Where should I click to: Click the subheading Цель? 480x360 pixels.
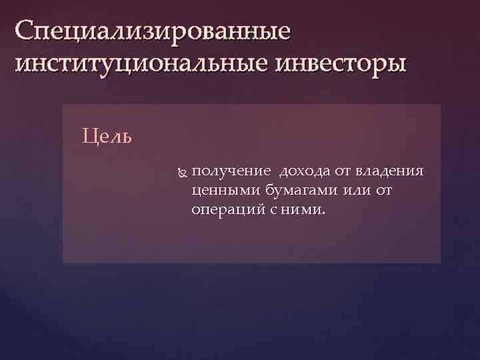[107, 137]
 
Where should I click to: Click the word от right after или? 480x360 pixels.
[385, 191]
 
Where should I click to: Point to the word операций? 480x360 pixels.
[223, 210]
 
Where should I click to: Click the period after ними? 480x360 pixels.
[324, 214]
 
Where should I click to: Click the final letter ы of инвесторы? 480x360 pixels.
[395, 66]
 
